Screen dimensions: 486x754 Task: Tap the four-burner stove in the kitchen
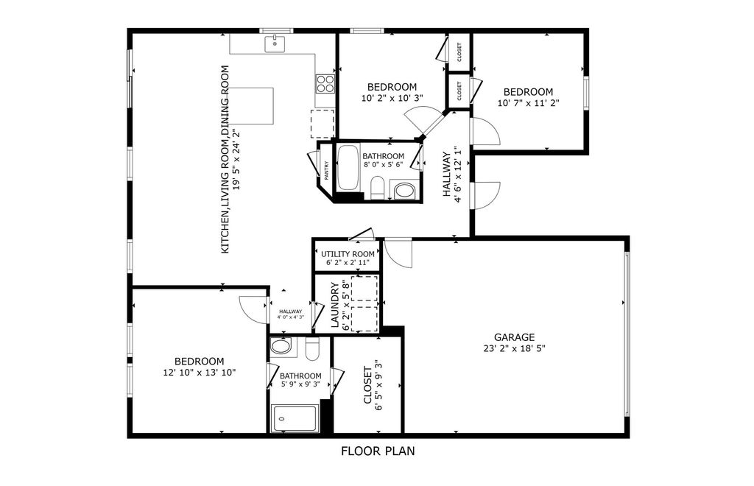pos(325,82)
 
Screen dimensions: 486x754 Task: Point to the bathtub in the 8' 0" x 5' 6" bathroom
pos(347,169)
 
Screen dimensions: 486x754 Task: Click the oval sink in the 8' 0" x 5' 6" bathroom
pos(404,191)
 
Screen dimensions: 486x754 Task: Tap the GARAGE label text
pos(515,337)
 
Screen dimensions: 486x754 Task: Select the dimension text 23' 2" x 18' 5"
pos(515,348)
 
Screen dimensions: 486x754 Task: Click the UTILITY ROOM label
pos(348,254)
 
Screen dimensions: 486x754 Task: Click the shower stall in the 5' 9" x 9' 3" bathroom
pos(295,419)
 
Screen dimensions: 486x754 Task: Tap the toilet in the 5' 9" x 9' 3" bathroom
pos(311,349)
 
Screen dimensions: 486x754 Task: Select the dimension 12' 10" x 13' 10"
pos(199,373)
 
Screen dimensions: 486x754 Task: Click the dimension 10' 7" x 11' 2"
pos(528,103)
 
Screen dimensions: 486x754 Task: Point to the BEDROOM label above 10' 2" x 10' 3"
pos(392,87)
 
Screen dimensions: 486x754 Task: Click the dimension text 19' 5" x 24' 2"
pos(236,160)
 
